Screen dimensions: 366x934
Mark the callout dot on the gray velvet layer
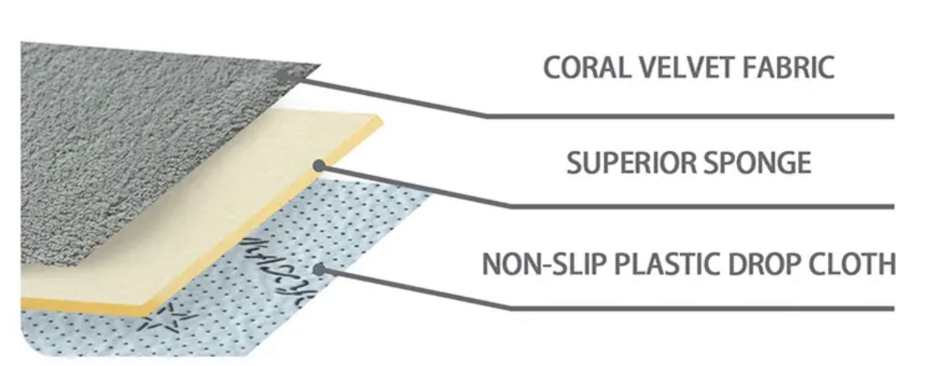coord(282,75)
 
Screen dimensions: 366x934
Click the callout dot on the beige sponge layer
coord(318,166)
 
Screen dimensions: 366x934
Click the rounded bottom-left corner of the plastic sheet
coord(29,346)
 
